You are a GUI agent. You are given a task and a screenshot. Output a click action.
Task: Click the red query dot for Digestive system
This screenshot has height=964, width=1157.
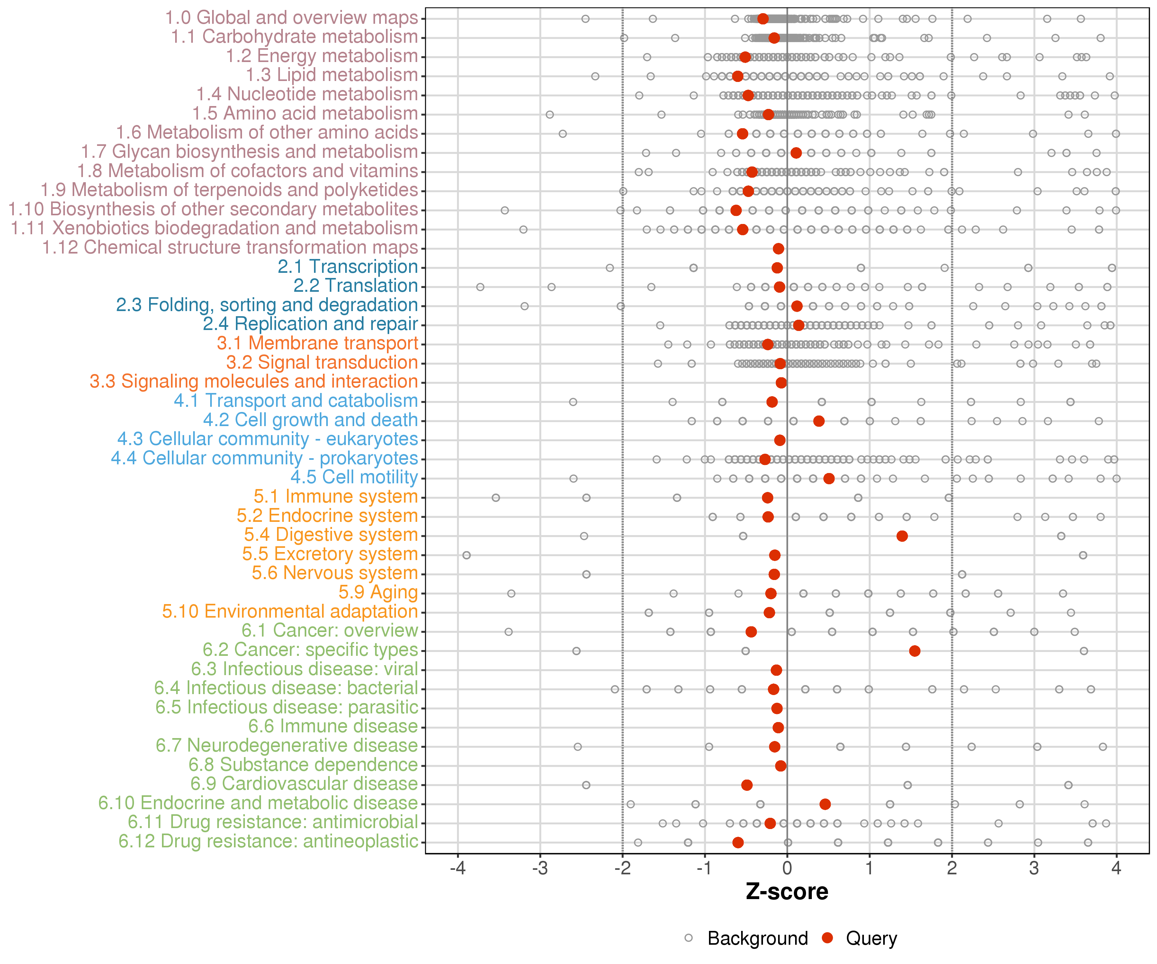(902, 536)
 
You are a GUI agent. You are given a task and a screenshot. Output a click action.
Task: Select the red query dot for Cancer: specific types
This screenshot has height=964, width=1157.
(915, 651)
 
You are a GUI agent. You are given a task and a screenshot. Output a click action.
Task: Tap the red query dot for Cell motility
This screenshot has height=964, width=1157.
(829, 479)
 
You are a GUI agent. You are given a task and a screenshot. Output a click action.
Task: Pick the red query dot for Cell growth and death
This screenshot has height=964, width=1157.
(819, 421)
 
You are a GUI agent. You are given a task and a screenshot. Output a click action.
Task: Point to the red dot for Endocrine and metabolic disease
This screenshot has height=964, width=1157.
(825, 804)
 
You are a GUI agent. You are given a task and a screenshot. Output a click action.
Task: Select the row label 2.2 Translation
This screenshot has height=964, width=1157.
(355, 286)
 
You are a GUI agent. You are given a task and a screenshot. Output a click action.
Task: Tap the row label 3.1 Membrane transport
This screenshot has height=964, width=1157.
(317, 343)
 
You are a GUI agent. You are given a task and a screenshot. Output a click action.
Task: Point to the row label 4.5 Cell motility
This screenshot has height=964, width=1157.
(354, 478)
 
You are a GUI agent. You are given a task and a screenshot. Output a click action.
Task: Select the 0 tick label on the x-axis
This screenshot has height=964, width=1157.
(787, 869)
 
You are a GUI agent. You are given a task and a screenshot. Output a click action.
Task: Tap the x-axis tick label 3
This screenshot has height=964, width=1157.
(1034, 869)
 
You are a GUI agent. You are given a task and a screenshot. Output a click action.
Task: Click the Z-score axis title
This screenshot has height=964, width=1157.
(787, 892)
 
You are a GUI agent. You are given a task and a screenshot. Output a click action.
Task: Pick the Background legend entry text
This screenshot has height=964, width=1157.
(758, 939)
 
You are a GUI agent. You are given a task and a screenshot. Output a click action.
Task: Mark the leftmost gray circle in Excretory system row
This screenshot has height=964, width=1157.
(467, 555)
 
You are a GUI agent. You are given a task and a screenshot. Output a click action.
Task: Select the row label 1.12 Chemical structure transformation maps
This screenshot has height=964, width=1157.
(230, 248)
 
